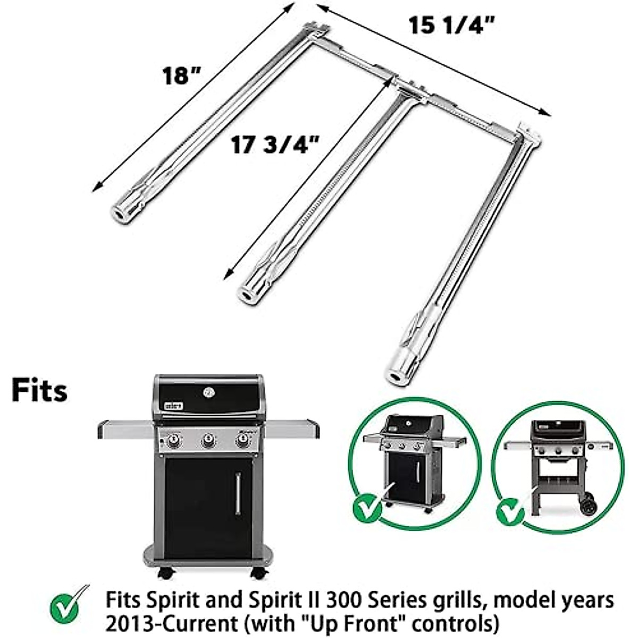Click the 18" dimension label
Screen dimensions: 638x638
tap(183, 75)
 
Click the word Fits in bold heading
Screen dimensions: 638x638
tap(40, 390)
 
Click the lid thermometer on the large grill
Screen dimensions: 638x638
tap(208, 392)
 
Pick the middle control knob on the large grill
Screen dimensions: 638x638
tap(208, 441)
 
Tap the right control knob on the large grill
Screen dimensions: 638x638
tap(242, 441)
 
